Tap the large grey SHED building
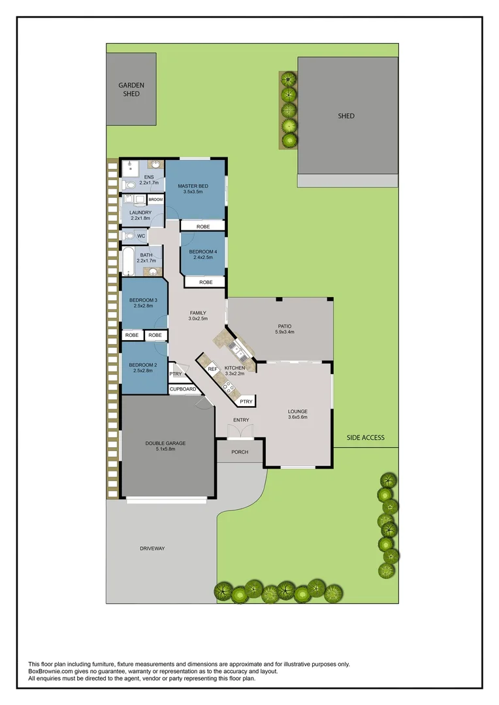347,116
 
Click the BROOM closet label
155,200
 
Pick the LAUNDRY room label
140,213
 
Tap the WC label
141,236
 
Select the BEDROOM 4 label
202,252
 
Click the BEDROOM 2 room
143,368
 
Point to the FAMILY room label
198,313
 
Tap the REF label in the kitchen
212,369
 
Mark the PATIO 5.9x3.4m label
284,329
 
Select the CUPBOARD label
183,389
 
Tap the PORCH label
240,452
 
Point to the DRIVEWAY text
152,548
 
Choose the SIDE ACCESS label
366,437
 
